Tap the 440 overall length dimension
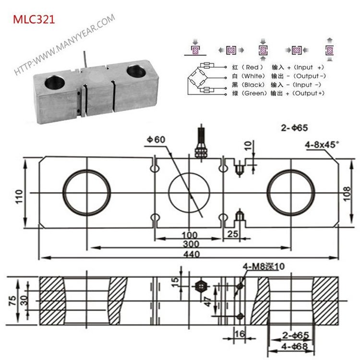[x=191, y=255]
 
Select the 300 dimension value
[x=191, y=244]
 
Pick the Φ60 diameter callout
[x=156, y=139]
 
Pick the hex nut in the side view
[x=200, y=287]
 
